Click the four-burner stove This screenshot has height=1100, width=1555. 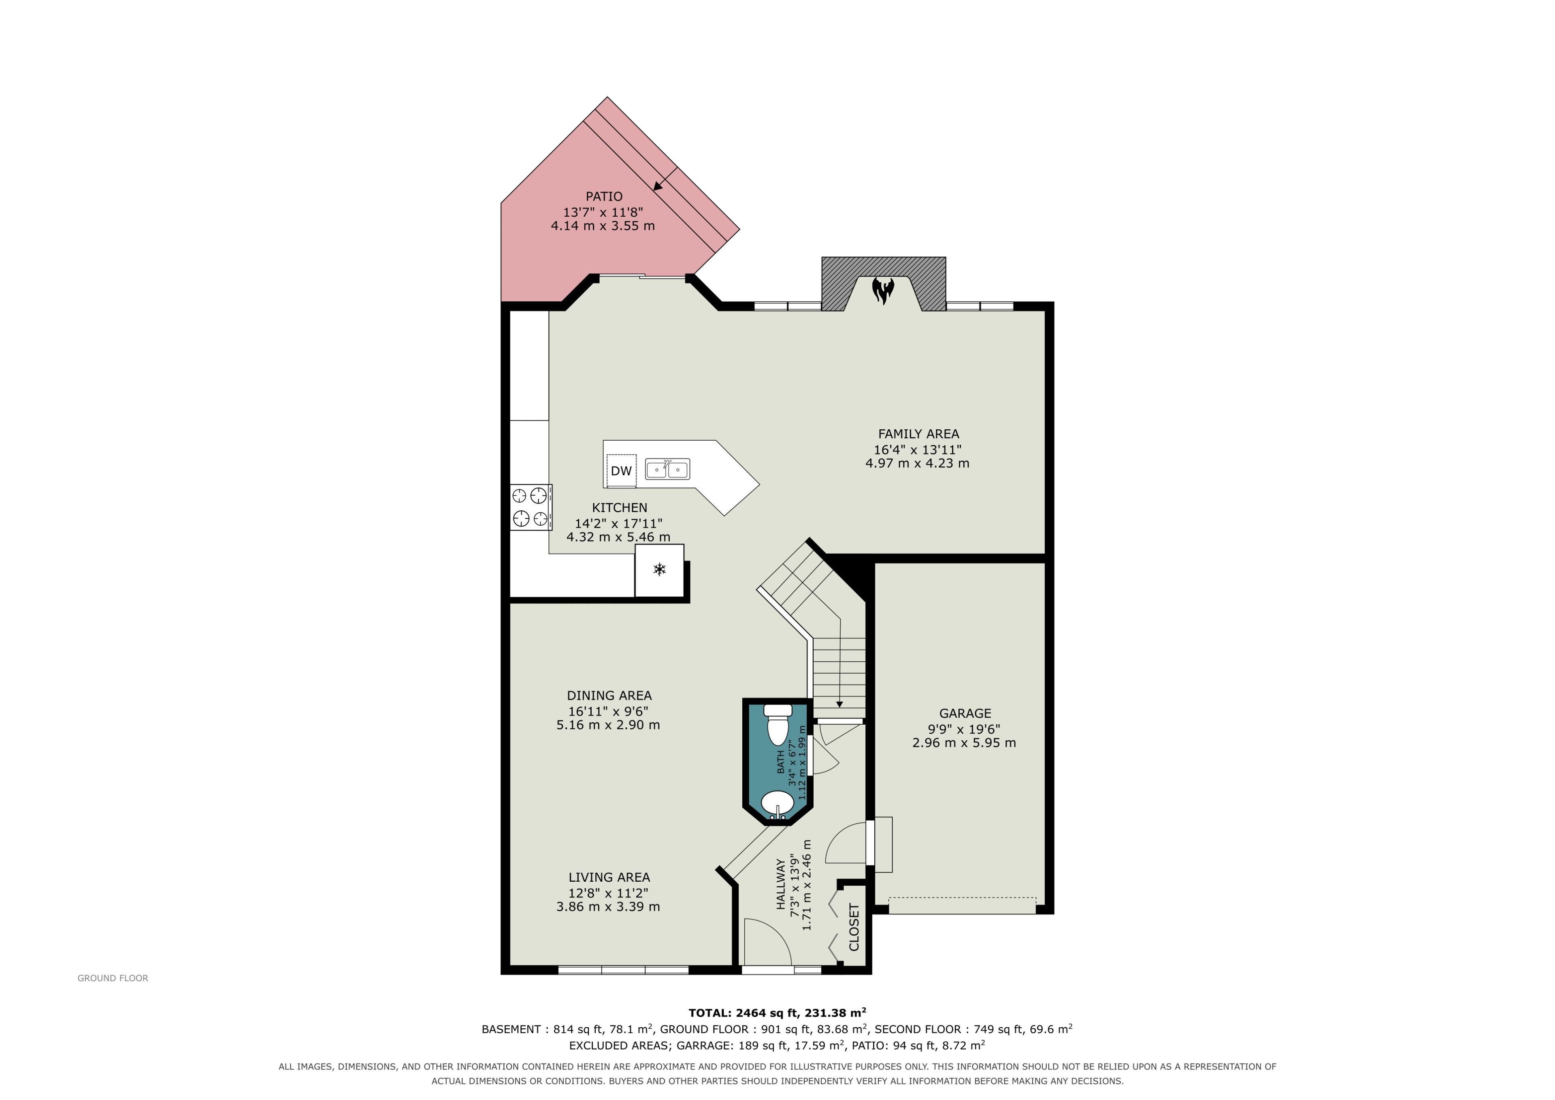(x=531, y=507)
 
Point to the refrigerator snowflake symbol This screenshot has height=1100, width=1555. (x=659, y=569)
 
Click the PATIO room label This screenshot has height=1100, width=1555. (x=604, y=196)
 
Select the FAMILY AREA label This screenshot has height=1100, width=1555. (x=918, y=434)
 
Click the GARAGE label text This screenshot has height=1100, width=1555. (x=965, y=713)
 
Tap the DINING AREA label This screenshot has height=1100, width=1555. (x=609, y=696)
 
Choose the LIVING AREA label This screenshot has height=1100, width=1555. (x=609, y=877)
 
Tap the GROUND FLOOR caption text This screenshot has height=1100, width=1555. (x=113, y=978)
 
